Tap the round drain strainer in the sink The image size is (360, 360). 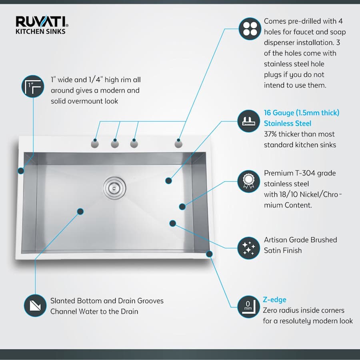tap(114, 186)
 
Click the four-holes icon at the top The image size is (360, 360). tap(250, 29)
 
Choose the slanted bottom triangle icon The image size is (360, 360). tap(35, 306)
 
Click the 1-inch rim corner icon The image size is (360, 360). tap(32, 86)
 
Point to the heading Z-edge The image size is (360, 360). tap(275, 300)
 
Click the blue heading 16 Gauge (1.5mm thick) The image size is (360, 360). tap(301, 113)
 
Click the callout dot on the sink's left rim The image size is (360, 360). tap(20, 171)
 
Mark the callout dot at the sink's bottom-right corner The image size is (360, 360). tap(209, 254)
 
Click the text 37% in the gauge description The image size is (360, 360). tap(271, 134)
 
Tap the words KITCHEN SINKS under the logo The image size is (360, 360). tap(40, 31)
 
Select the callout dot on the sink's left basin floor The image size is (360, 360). tap(80, 211)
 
